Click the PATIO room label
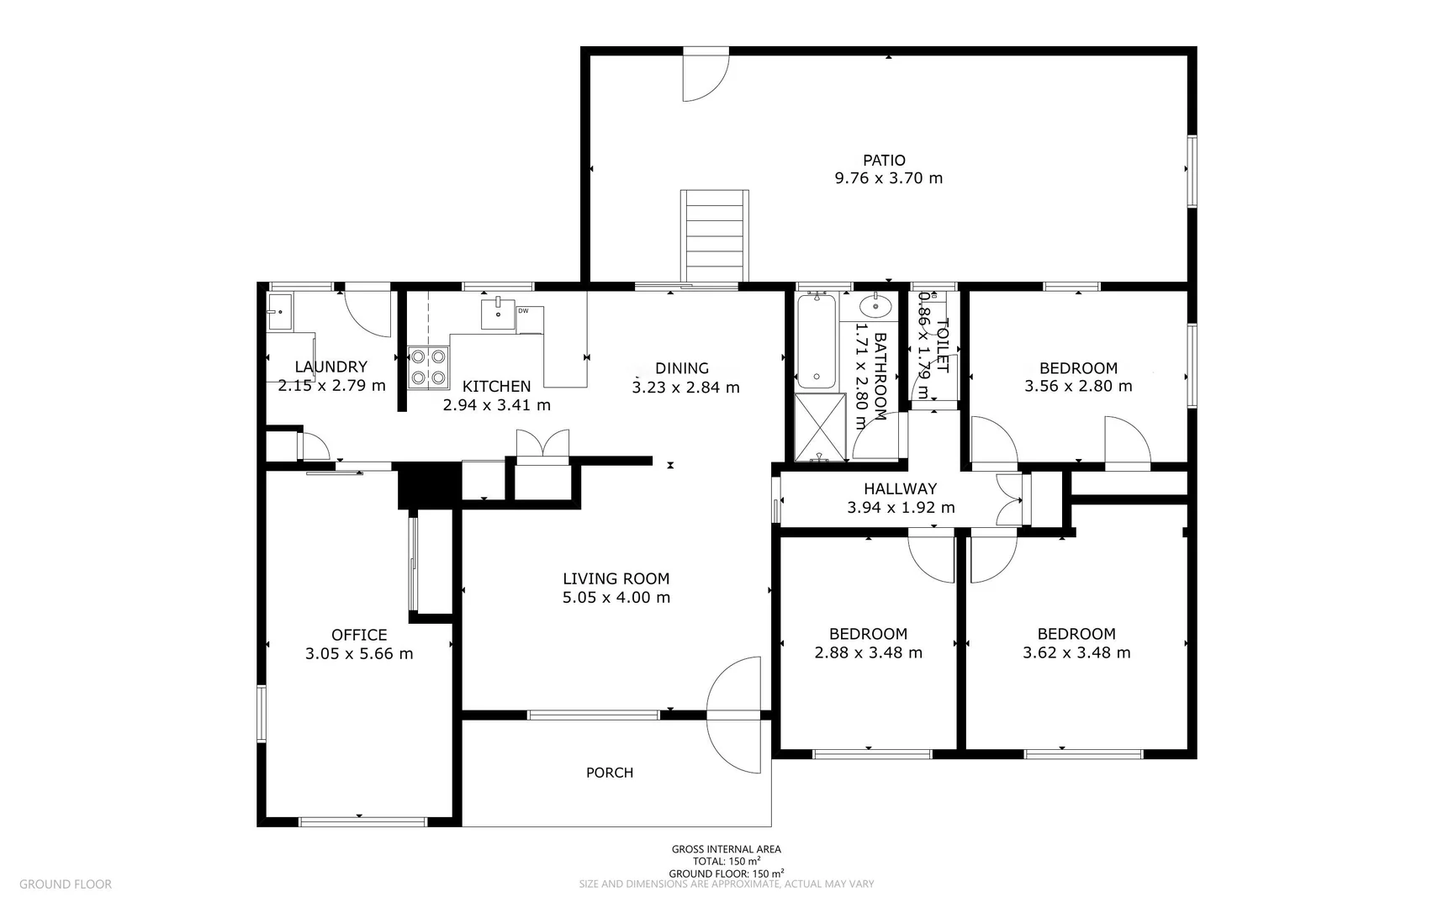pos(884,160)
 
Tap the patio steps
pos(714,236)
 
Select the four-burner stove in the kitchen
pos(427,367)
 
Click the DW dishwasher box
pos(529,319)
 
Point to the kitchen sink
pos(498,312)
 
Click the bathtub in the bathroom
pos(816,340)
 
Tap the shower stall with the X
pos(820,427)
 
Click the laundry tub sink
pos(279,312)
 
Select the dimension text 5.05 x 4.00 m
pos(616,598)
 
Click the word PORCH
pos(610,773)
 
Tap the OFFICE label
pos(359,635)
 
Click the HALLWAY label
pos(900,488)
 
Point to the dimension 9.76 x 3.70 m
pos(888,178)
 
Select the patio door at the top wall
pos(705,74)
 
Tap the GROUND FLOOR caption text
pos(66,884)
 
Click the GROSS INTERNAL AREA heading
pos(726,849)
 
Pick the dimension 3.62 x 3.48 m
pos(1076,652)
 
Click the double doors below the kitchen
pos(542,446)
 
